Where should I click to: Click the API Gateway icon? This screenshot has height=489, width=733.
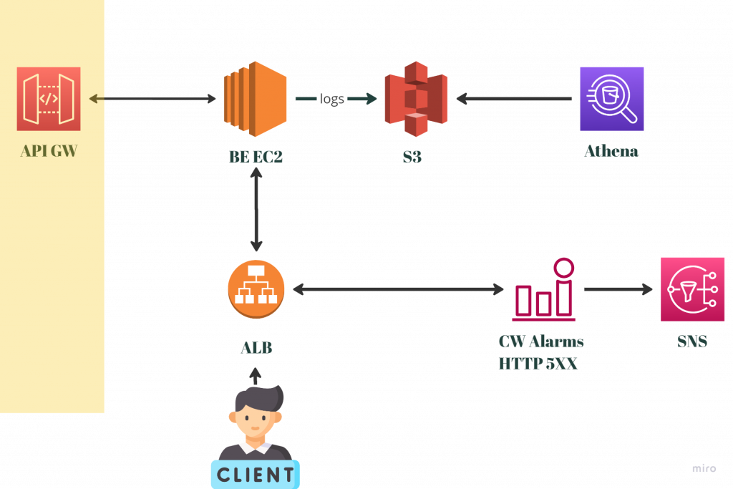(49, 99)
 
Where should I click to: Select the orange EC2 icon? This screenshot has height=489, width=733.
(255, 99)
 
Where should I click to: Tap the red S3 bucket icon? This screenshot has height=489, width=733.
(416, 99)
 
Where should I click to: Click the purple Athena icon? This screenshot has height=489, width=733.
(612, 99)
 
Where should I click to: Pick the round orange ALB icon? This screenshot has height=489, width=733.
(256, 289)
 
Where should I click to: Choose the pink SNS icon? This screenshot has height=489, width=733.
(692, 289)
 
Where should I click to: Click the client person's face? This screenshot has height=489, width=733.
(256, 418)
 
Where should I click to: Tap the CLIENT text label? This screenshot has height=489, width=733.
(256, 474)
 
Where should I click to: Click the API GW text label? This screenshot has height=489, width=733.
(49, 151)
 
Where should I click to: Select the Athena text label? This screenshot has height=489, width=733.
(611, 152)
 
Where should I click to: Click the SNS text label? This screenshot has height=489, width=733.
(692, 342)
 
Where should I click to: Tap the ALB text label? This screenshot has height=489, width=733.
(256, 348)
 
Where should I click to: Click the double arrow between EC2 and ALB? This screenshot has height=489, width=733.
(256, 209)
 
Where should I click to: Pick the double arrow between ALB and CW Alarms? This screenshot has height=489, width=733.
(398, 289)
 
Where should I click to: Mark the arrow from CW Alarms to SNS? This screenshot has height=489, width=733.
(618, 289)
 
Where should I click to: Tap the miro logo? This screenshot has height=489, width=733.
(704, 468)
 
